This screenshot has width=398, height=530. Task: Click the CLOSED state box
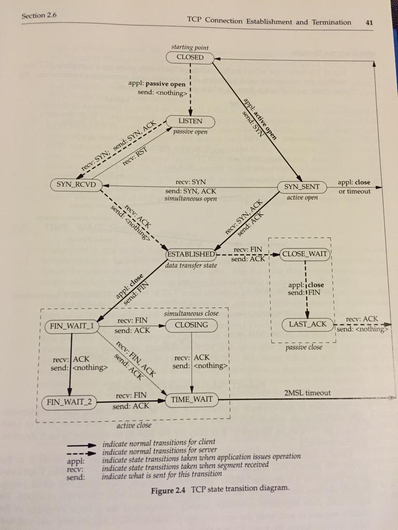[x=190, y=57]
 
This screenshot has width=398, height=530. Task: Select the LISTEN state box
[x=190, y=121]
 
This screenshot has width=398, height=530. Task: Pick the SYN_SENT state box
[x=302, y=187]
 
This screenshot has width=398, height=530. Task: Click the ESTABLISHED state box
[x=191, y=254]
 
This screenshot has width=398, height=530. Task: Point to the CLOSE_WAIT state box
[x=305, y=254]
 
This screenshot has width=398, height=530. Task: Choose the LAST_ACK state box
[x=308, y=325]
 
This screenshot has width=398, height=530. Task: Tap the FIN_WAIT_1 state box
[x=72, y=327]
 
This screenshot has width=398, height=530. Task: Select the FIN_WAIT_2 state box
[x=69, y=403]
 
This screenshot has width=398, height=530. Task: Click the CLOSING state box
[x=191, y=325]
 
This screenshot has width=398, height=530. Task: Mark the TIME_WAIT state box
[x=192, y=400]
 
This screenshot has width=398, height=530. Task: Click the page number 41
[x=369, y=23]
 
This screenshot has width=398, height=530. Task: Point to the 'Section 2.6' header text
[x=39, y=16]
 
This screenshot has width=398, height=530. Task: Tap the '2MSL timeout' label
[x=307, y=393]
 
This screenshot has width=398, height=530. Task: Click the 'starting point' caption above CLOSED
[x=190, y=47]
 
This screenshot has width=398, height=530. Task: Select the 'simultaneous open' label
[x=191, y=199]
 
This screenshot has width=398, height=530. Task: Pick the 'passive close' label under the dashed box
[x=304, y=347]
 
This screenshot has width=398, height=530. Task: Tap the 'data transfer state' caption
[x=191, y=266]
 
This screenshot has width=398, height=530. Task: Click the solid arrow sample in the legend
[x=80, y=446]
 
